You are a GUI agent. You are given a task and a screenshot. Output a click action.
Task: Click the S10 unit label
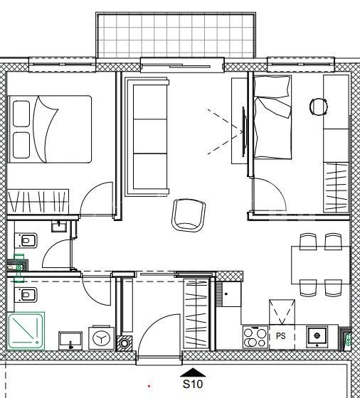click(193, 384)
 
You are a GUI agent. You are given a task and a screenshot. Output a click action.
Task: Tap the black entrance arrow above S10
click(193, 372)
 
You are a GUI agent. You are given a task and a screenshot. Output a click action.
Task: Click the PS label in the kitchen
click(281, 336)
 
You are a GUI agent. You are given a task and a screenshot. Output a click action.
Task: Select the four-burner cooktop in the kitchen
click(255, 337)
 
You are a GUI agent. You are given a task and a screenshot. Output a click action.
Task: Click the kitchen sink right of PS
click(317, 337)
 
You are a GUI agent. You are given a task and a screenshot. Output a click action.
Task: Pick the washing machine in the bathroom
click(101, 338)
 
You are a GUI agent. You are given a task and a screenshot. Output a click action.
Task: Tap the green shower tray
click(26, 330)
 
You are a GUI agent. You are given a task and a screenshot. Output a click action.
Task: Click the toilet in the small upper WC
click(26, 240)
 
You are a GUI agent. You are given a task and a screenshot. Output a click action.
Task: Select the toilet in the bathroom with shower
click(26, 295)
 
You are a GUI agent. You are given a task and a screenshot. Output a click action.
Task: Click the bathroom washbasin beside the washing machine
click(70, 340)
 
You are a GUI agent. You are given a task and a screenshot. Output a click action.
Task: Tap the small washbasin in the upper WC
click(59, 227)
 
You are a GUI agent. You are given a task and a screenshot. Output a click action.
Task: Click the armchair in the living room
click(189, 215)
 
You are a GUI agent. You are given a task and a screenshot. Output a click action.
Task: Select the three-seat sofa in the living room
click(147, 137)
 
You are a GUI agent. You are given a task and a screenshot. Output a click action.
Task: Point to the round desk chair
click(318, 107)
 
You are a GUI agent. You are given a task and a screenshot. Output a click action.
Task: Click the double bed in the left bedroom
click(50, 129)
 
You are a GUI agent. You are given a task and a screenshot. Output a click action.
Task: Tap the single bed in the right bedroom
click(272, 117)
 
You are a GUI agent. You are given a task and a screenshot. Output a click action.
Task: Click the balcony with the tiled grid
click(176, 36)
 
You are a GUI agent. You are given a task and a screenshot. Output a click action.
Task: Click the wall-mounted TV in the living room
click(244, 131)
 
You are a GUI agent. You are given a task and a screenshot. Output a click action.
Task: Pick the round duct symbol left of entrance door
click(125, 343)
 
